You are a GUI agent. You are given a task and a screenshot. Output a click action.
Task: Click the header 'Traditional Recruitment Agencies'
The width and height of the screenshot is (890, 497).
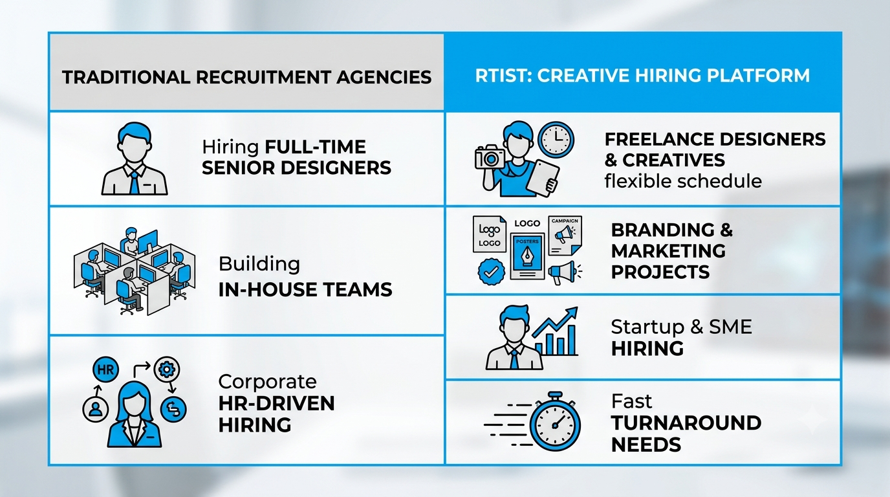point(246,77)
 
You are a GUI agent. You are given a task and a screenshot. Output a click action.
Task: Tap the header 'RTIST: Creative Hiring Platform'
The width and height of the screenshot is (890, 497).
point(642,76)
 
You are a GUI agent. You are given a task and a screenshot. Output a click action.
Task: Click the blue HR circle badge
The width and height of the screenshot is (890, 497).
point(105,370)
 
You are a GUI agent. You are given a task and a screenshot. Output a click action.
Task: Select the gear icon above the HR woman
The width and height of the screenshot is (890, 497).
point(166,370)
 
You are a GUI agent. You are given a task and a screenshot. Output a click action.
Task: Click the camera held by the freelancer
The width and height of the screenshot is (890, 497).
point(490,157)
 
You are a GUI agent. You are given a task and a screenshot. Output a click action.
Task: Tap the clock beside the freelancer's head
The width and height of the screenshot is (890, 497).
point(556,140)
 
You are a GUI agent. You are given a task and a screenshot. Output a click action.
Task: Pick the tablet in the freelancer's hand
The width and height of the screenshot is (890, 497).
point(543,178)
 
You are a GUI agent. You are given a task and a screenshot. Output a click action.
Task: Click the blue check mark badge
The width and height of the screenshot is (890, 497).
point(492,272)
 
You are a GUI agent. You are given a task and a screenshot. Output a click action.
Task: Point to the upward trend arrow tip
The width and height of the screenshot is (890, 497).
point(576,308)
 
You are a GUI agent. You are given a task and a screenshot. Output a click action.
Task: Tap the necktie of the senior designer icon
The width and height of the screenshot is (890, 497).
point(135,182)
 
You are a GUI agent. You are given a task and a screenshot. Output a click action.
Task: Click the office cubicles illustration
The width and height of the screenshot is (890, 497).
point(135,271)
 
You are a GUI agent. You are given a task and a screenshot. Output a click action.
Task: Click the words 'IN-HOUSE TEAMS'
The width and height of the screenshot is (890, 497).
point(305,289)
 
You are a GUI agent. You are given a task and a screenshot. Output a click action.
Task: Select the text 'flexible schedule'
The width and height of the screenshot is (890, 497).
point(683,181)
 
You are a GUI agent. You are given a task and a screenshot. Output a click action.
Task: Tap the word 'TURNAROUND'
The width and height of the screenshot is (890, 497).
point(686,423)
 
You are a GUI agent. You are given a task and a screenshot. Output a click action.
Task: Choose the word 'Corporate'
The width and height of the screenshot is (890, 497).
point(267,382)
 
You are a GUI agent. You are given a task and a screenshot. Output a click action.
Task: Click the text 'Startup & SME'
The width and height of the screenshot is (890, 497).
point(682,327)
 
